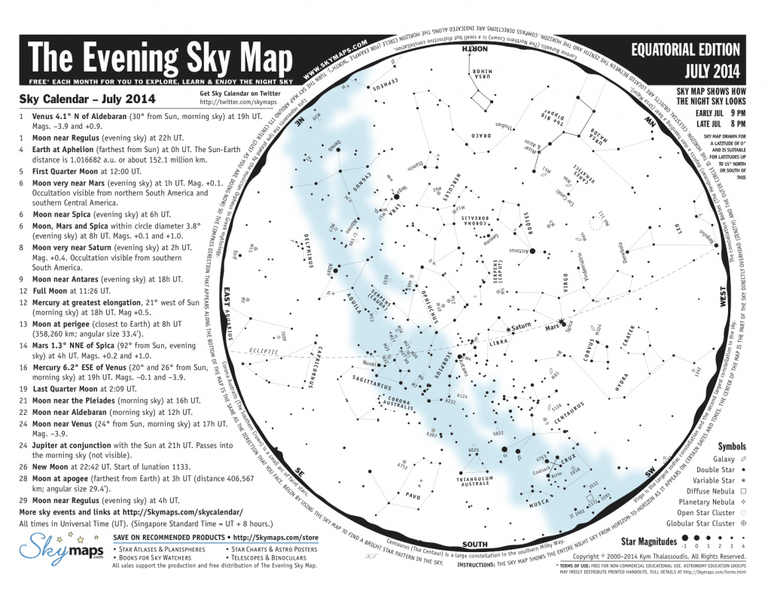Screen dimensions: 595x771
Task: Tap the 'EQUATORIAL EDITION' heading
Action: pyautogui.click(x=685, y=51)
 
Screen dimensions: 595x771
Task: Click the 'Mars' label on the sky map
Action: pyautogui.click(x=553, y=328)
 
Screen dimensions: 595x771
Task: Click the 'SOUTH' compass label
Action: pyautogui.click(x=476, y=545)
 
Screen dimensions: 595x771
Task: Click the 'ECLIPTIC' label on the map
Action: pyautogui.click(x=263, y=352)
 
